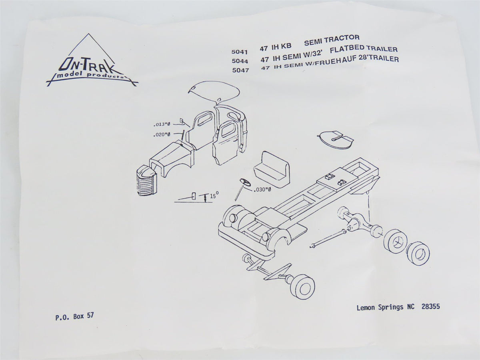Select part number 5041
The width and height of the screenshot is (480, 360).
click(x=239, y=52)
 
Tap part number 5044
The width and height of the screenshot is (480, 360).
click(x=239, y=62)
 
